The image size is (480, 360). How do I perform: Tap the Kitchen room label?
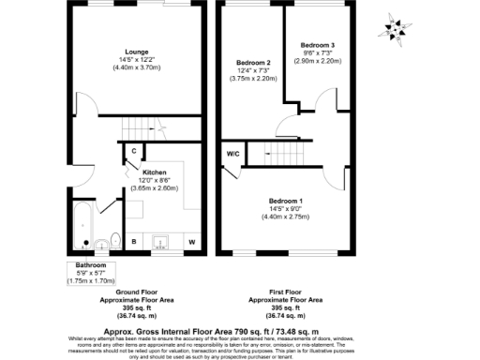point(154,172)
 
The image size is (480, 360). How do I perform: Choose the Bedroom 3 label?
point(316,44)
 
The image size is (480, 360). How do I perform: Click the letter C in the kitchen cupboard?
point(134,152)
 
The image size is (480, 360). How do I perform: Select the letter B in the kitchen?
point(133,242)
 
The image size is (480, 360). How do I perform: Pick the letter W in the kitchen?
point(191,242)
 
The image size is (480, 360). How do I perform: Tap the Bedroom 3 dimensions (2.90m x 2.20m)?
point(316,59)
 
